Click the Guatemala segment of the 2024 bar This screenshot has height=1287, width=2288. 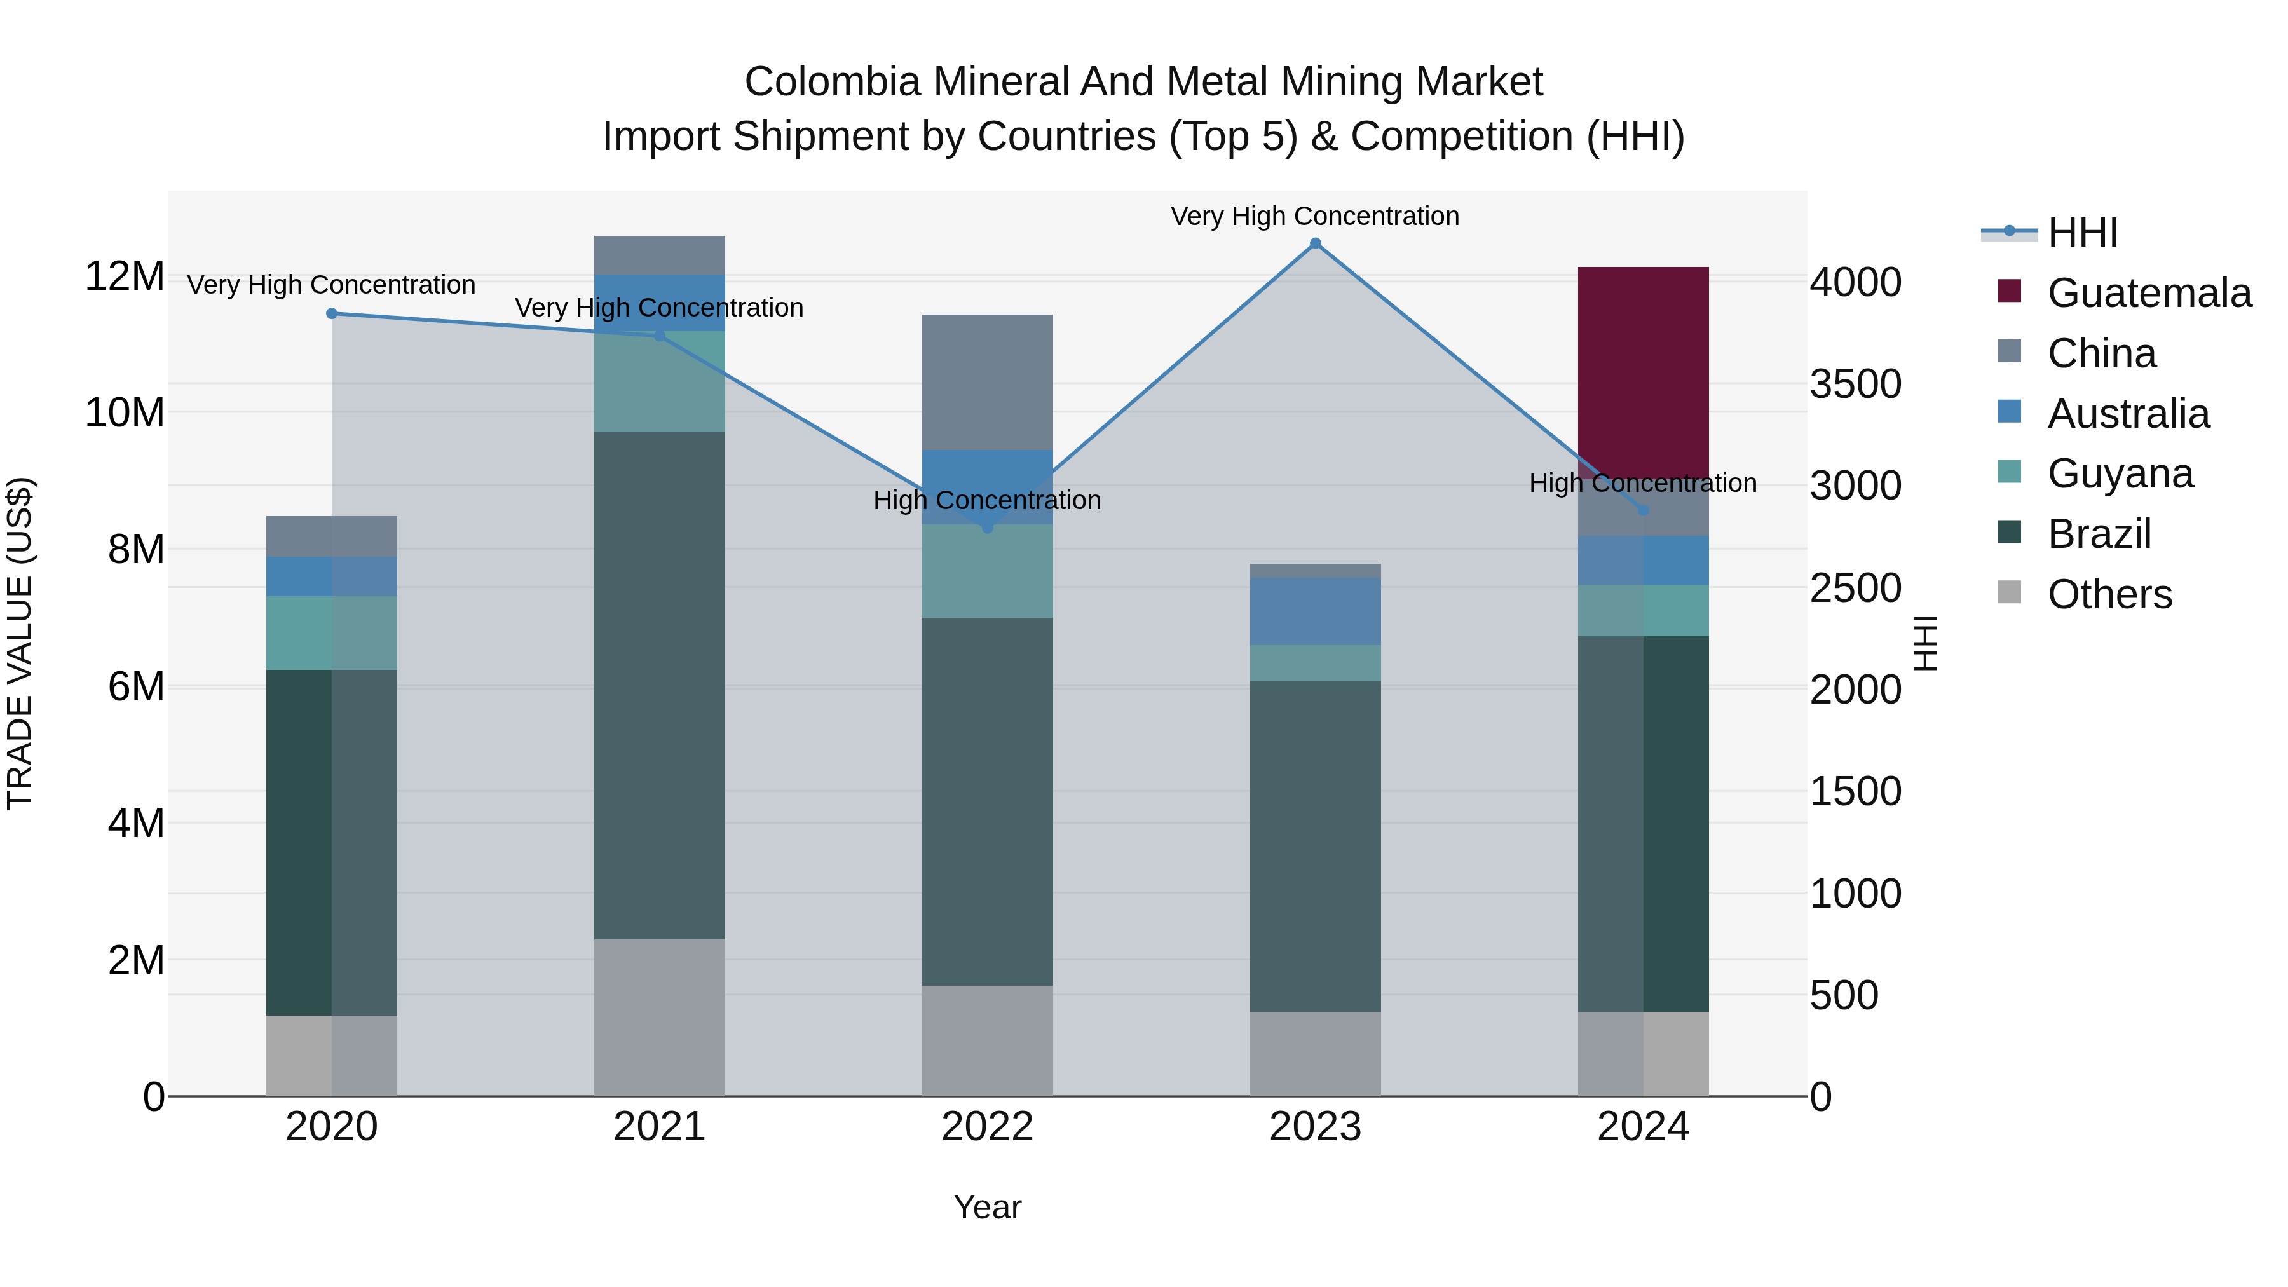1642,373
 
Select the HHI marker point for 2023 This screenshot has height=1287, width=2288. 1316,243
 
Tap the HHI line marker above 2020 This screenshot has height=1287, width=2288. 331,313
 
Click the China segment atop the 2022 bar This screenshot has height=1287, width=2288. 987,382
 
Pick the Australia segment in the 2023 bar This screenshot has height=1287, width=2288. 1316,611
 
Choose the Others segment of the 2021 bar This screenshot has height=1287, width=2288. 659,1017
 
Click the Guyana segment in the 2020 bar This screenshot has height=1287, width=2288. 331,632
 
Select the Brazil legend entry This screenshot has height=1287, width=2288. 2099,534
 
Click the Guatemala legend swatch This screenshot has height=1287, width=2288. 2009,291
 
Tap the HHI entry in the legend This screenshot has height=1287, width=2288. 2082,233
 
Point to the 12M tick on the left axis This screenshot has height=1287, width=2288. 125,276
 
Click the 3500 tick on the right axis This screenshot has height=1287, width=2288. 1855,385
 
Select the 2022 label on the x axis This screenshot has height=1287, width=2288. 987,1127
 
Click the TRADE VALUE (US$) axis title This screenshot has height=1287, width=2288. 20,643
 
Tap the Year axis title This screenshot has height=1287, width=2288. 987,1207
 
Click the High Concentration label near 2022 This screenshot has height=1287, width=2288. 987,500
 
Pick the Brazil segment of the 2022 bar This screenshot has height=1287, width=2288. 987,800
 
